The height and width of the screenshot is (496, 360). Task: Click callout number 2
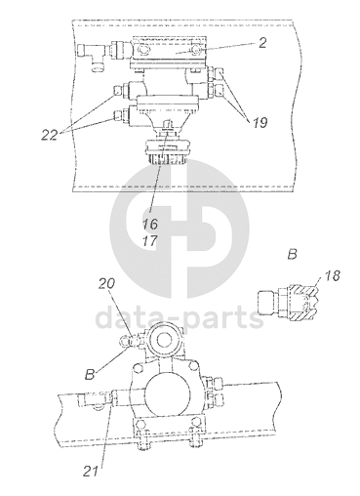click(x=262, y=43)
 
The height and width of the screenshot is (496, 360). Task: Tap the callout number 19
click(x=260, y=123)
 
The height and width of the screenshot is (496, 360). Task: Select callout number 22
click(x=50, y=135)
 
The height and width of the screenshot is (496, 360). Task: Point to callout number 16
click(x=150, y=224)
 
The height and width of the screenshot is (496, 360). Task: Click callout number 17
click(x=150, y=241)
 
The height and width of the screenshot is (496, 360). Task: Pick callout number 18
click(x=333, y=275)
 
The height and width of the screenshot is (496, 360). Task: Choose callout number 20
click(x=107, y=283)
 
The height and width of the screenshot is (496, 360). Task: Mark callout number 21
click(x=91, y=472)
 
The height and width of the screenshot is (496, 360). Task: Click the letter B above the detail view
click(x=293, y=254)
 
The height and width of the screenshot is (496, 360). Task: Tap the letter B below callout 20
click(x=90, y=374)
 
